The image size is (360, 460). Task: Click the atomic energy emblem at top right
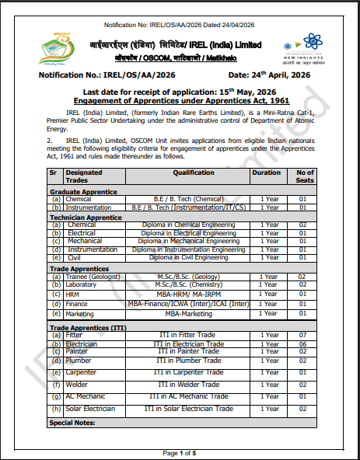click(x=309, y=41)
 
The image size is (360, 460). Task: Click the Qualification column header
click(x=194, y=172)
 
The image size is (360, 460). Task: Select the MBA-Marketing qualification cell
click(x=194, y=313)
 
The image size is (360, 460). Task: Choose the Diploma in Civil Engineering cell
click(x=194, y=256)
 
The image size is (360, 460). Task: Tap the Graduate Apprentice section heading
click(x=83, y=191)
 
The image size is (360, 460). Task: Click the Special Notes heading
click(x=72, y=423)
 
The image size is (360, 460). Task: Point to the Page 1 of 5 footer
click(x=180, y=452)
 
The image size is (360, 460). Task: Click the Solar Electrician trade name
click(x=90, y=409)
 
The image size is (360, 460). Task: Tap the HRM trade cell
click(x=74, y=294)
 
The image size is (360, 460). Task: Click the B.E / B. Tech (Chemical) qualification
click(x=194, y=200)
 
